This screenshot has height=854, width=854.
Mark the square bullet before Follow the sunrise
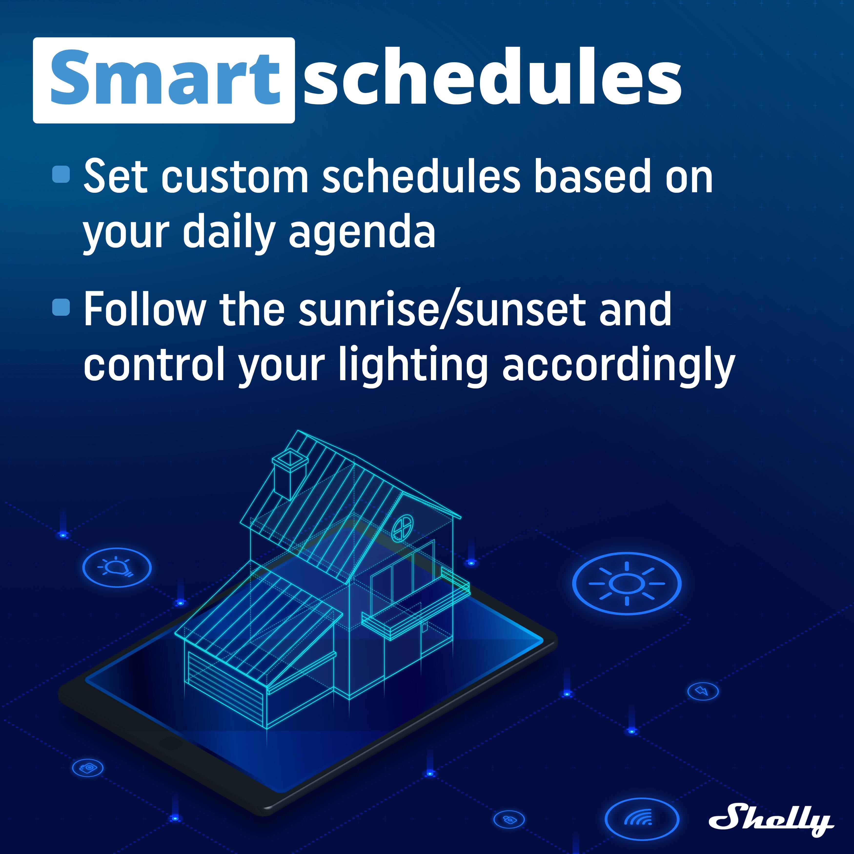(x=61, y=307)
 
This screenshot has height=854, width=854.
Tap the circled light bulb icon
(x=117, y=567)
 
